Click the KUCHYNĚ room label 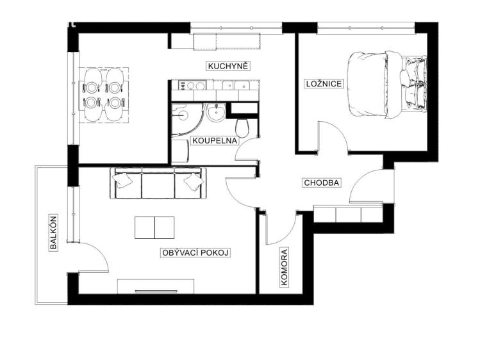pyautogui.click(x=228, y=66)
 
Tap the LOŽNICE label pyautogui.click(x=324, y=83)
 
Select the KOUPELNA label pyautogui.click(x=214, y=140)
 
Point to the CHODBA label pyautogui.click(x=322, y=183)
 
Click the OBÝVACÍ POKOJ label pyautogui.click(x=195, y=252)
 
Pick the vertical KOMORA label pyautogui.click(x=284, y=268)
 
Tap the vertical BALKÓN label pyautogui.click(x=53, y=233)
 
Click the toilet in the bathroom pyautogui.click(x=242, y=128)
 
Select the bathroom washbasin pyautogui.click(x=217, y=112)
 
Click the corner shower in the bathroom pyautogui.click(x=185, y=119)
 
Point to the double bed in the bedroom pyautogui.click(x=386, y=85)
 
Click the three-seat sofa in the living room pyautogui.click(x=158, y=183)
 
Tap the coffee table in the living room pyautogui.click(x=154, y=227)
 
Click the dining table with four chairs pyautogui.click(x=103, y=95)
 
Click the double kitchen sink pyautogui.click(x=236, y=85)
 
